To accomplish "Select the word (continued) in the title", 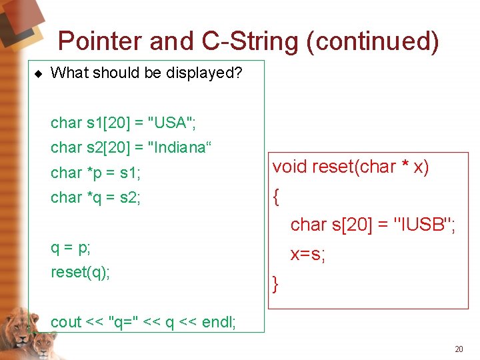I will (x=373, y=41).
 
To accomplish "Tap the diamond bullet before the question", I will (x=38, y=73).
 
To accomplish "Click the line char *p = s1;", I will (x=95, y=173).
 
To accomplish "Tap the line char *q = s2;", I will (x=95, y=197).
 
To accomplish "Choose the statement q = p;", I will (x=71, y=247).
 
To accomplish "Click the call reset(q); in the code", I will (x=80, y=272).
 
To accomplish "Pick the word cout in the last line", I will (x=66, y=322).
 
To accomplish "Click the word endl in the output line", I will (x=217, y=322).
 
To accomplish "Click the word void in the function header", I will (x=289, y=167).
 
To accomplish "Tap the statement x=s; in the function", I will (x=307, y=255).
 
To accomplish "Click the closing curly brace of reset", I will (x=275, y=285).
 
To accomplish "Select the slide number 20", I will (x=458, y=349).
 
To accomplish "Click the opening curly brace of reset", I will (x=275, y=196).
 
